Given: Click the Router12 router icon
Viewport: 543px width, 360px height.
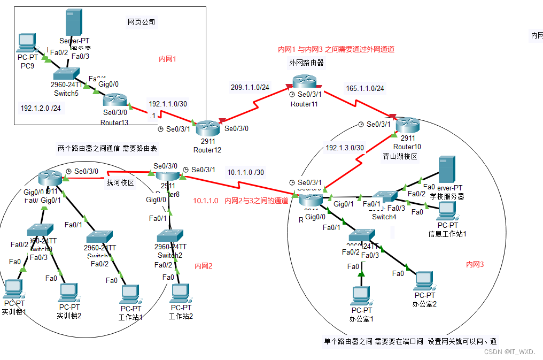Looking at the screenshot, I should click(x=207, y=128).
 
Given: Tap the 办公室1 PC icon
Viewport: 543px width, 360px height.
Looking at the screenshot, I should click(x=362, y=296).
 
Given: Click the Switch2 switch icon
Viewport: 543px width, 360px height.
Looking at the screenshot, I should click(x=170, y=236).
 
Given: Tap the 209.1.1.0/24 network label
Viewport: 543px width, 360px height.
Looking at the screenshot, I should click(x=250, y=87).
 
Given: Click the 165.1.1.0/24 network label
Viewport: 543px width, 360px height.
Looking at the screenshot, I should click(x=365, y=88).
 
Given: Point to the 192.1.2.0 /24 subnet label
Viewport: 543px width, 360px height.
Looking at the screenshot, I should click(x=41, y=108).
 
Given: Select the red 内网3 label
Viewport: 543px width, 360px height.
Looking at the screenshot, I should click(x=475, y=264).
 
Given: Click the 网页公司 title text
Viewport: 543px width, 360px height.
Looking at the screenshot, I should click(x=141, y=22).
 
